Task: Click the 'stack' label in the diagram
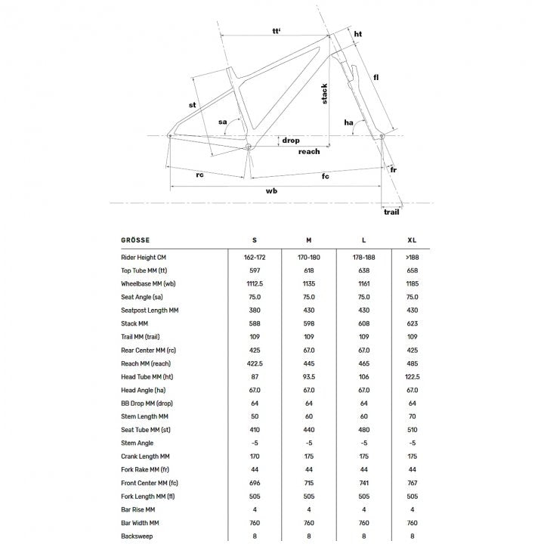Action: point(325,94)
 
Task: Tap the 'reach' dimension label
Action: point(309,151)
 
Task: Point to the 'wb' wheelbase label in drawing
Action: point(272,191)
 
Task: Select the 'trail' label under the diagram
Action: point(391,212)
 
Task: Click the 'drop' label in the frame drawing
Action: point(290,141)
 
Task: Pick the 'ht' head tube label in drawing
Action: point(357,34)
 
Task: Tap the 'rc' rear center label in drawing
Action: point(200,175)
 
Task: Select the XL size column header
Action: point(411,240)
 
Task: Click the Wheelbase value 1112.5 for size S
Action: point(254,284)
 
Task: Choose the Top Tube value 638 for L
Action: point(364,270)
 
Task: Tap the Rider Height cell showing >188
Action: point(411,258)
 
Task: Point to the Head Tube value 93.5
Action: point(308,377)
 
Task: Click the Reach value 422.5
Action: point(254,364)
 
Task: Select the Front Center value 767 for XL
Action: point(411,484)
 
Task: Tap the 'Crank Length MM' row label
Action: point(145,457)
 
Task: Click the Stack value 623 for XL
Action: point(411,324)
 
